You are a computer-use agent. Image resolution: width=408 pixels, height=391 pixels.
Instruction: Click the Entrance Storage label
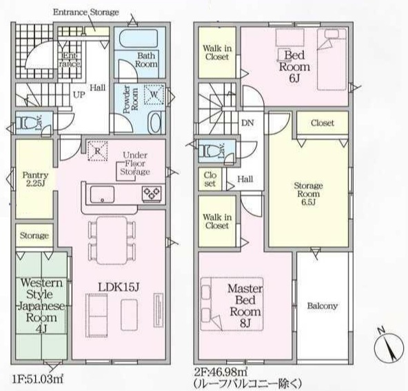click(86, 12)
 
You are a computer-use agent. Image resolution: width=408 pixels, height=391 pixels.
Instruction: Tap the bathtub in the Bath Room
click(139, 39)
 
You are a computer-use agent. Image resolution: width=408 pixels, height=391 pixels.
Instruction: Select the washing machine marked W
click(154, 94)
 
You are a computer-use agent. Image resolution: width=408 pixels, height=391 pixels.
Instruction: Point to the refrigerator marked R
click(97, 151)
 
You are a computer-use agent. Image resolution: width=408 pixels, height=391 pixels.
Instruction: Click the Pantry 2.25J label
click(35, 179)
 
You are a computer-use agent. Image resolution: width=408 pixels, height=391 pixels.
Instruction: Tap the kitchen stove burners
click(151, 194)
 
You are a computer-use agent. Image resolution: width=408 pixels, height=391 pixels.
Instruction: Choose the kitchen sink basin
click(102, 194)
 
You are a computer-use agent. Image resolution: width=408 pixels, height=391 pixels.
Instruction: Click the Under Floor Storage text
click(135, 163)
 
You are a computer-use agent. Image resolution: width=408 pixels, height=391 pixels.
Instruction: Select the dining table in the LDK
click(112, 240)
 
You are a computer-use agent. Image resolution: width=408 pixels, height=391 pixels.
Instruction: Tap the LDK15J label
click(119, 287)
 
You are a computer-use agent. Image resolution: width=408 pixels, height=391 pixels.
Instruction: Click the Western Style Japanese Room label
click(41, 306)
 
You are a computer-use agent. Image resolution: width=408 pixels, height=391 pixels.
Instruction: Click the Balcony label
click(322, 306)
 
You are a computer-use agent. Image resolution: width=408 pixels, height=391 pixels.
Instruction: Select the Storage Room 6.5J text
click(308, 194)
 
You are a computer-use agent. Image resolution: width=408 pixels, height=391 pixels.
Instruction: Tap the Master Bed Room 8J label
click(245, 306)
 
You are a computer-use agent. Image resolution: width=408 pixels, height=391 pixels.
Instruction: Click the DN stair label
click(247, 123)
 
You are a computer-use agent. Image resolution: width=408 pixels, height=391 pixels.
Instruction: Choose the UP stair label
click(79, 94)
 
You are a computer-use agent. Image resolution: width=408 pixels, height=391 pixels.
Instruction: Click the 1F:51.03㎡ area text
click(37, 379)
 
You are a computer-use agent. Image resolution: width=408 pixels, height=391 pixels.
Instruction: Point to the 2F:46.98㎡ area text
click(221, 372)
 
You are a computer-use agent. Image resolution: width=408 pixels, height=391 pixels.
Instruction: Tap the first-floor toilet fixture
click(28, 122)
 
